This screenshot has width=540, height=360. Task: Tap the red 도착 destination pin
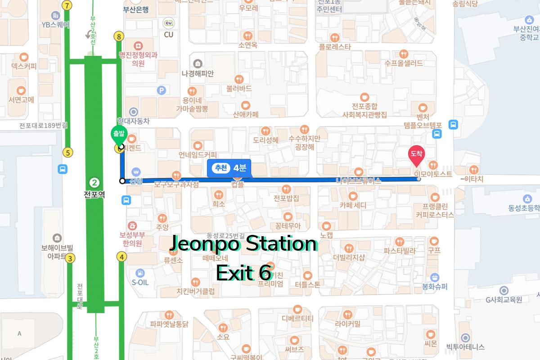pyautogui.click(x=416, y=156)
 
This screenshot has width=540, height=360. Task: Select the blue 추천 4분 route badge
pyautogui.click(x=229, y=168)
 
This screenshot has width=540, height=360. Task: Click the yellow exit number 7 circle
pyautogui.click(x=67, y=6)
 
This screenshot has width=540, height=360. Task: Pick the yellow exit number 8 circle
pyautogui.click(x=119, y=37)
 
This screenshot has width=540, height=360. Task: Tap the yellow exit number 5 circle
pyautogui.click(x=67, y=153)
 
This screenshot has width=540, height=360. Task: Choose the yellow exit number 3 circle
pyautogui.click(x=70, y=258)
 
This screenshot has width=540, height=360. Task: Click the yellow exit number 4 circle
pyautogui.click(x=121, y=256)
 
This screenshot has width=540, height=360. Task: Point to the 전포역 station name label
pyautogui.click(x=94, y=195)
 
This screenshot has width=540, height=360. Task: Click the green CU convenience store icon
pyautogui.click(x=169, y=23)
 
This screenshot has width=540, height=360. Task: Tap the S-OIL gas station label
pyautogui.click(x=140, y=283)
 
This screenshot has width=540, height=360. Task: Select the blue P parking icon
pyautogui.click(x=162, y=90)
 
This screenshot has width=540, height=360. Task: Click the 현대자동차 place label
pyautogui.click(x=133, y=121)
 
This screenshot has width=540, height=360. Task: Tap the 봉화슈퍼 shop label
pyautogui.click(x=434, y=286)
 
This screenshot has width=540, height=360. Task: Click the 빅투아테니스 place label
pyautogui.click(x=465, y=347)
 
